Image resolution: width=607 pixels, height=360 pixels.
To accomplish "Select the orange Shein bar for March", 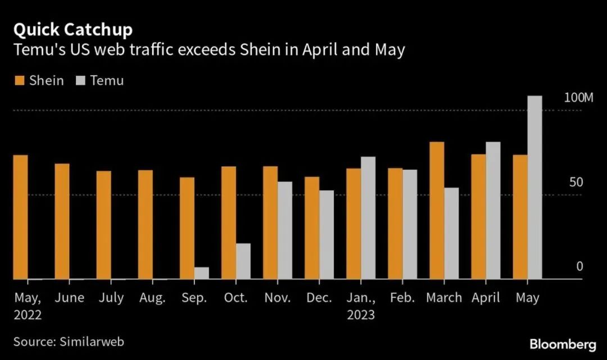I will pos(437,211).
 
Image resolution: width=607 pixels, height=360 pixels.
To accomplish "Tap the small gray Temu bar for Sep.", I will pos(201,273).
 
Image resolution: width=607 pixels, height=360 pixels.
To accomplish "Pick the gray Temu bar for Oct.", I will pos(243,261).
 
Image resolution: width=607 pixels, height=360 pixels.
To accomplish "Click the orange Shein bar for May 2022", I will pos(21,217).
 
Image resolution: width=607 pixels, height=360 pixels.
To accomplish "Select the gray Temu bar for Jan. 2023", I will pos(368,218).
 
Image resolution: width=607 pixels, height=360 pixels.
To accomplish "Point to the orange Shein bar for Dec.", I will pos(312,228).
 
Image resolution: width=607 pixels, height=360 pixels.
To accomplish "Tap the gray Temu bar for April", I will pos(493,211).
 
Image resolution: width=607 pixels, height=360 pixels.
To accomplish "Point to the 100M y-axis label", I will pos(578,98).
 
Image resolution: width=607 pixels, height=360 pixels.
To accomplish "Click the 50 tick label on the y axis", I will pos(576,183).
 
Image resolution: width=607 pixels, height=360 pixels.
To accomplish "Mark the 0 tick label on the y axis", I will pos(579,266).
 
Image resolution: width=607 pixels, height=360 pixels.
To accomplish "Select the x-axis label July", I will pos(111,298).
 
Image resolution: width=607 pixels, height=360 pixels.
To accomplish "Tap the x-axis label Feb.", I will pos(402,298).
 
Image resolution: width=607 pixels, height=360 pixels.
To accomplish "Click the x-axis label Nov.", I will pos(277,298).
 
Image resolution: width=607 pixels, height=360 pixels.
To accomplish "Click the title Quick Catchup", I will pos(73,29).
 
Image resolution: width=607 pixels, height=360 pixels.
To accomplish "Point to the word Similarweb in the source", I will pos(90,341).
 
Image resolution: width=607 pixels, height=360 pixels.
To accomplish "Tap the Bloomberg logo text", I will pos(563,343).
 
